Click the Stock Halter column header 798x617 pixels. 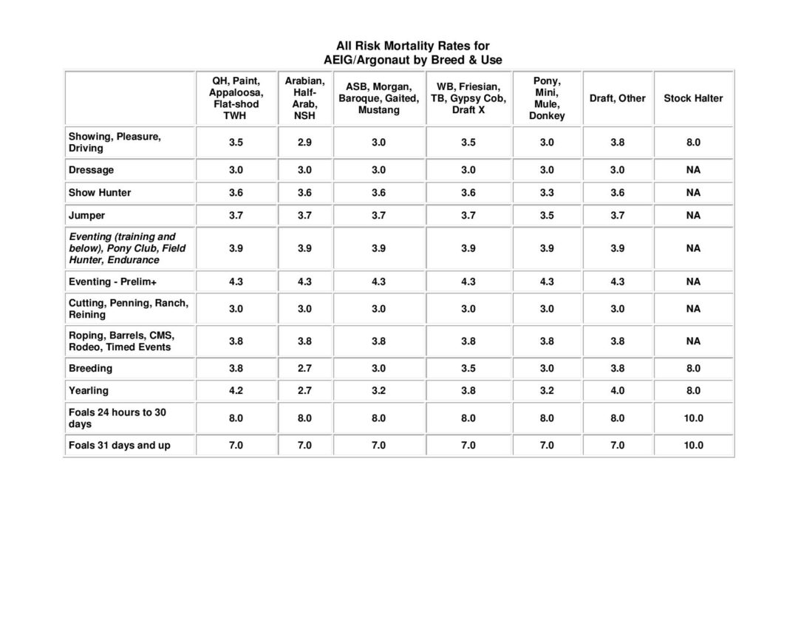[692, 98]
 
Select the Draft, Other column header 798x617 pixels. [617, 98]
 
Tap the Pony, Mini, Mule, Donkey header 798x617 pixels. [546, 98]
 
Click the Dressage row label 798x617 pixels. [92, 170]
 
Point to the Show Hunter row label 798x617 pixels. [100, 193]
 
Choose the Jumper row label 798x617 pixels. [87, 216]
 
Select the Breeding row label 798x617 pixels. [91, 368]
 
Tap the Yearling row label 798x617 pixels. [89, 390]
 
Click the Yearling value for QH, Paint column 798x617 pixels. [236, 390]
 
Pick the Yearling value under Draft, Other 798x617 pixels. [617, 390]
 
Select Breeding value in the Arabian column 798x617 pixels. [304, 368]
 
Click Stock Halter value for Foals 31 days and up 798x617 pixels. [692, 446]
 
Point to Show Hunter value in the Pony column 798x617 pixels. [546, 193]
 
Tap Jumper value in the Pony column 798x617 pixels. [546, 216]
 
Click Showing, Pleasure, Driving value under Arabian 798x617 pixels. [304, 143]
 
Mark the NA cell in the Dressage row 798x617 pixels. [692, 170]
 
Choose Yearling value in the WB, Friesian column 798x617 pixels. [468, 390]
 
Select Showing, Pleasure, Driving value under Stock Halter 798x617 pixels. [692, 143]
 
